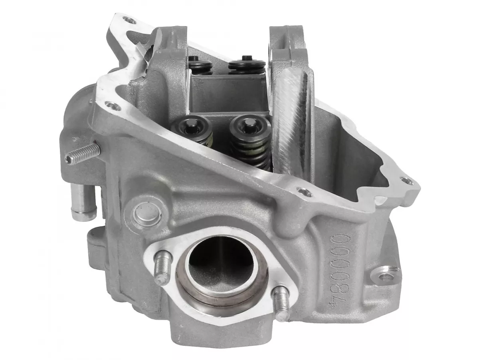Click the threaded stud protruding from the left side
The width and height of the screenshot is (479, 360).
[x=83, y=154]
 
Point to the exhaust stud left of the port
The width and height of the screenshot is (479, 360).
[x=162, y=268]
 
